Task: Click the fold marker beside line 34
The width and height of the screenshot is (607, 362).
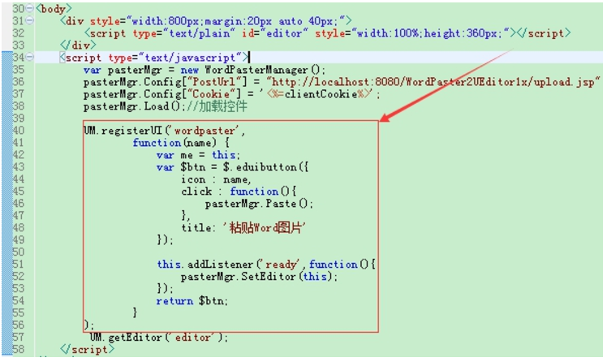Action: [30, 58]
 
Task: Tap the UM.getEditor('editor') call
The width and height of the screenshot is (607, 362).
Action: [158, 338]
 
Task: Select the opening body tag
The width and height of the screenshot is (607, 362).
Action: [54, 8]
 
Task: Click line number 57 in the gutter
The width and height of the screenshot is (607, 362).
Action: [17, 338]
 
